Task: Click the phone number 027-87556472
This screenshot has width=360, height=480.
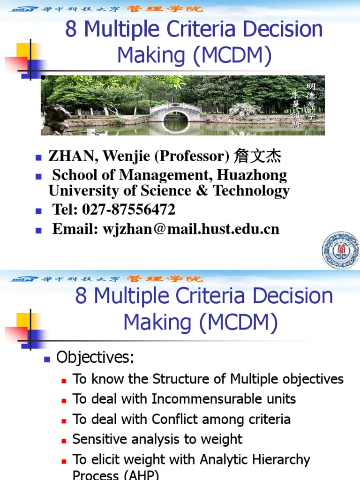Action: click(128, 210)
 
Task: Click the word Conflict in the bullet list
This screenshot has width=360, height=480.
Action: click(174, 419)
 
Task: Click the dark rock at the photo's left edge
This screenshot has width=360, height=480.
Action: click(54, 119)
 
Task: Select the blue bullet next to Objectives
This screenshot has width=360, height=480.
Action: click(46, 359)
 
